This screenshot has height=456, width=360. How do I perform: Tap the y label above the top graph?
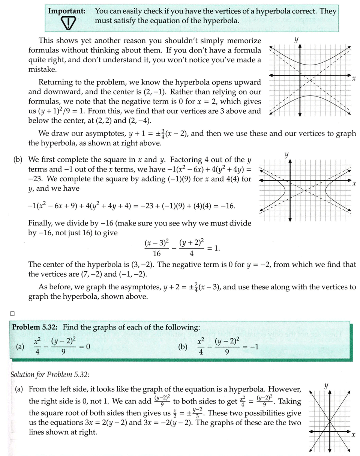point(297,39)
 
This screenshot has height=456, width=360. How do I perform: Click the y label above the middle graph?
point(287,154)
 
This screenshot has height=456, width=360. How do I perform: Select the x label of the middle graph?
point(353,184)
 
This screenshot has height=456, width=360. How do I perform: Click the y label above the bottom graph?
point(326,385)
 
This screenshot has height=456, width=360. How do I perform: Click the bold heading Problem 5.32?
point(36,327)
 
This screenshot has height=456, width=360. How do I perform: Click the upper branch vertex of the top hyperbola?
point(310,65)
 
